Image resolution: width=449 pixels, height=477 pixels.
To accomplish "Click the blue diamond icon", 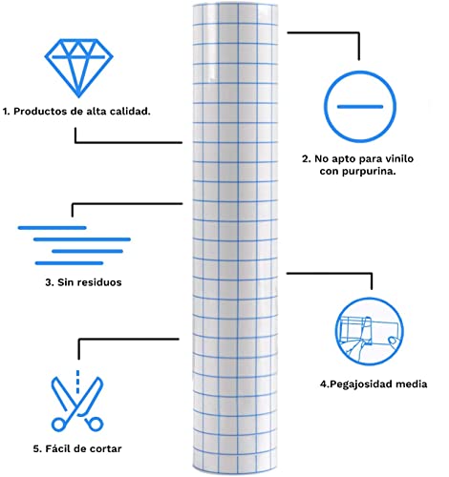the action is pyautogui.click(x=78, y=68).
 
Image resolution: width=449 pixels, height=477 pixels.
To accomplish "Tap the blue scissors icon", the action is pyautogui.click(x=77, y=404).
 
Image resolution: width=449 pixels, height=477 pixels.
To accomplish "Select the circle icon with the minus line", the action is pyautogui.click(x=360, y=107).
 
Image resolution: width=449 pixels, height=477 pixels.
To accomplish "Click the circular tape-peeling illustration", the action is pyautogui.click(x=369, y=331).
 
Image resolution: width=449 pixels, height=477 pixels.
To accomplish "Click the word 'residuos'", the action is pyautogui.click(x=99, y=282).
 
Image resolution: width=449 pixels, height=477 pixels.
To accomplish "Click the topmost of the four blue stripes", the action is pyautogui.click(x=53, y=228).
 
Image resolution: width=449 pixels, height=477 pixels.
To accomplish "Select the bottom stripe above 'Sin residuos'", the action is pyautogui.click(x=69, y=263).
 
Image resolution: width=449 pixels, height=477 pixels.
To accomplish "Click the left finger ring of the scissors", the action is pyautogui.click(x=58, y=425).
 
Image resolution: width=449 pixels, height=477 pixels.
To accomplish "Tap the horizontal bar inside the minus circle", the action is pyautogui.click(x=360, y=107).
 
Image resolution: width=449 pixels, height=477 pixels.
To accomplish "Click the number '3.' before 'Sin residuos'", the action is pyautogui.click(x=50, y=282).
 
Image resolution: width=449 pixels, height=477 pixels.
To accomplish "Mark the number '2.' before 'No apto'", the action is pyautogui.click(x=307, y=158).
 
